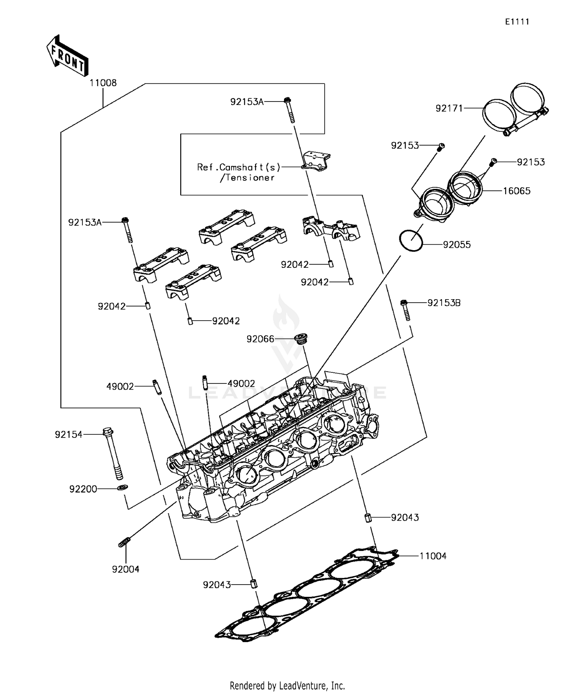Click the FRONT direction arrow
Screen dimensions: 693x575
67,56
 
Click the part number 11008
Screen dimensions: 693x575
103,83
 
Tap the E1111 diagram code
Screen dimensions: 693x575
517,22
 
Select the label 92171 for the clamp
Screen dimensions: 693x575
449,108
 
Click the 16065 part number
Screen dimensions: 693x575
516,191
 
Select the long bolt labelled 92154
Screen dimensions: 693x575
112,454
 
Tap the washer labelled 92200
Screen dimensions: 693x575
123,488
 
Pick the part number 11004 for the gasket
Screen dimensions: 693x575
433,556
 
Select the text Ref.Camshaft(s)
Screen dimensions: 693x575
238,167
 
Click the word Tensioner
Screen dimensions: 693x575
249,178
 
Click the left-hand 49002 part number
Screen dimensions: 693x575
120,387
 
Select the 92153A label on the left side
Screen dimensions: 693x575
85,223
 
